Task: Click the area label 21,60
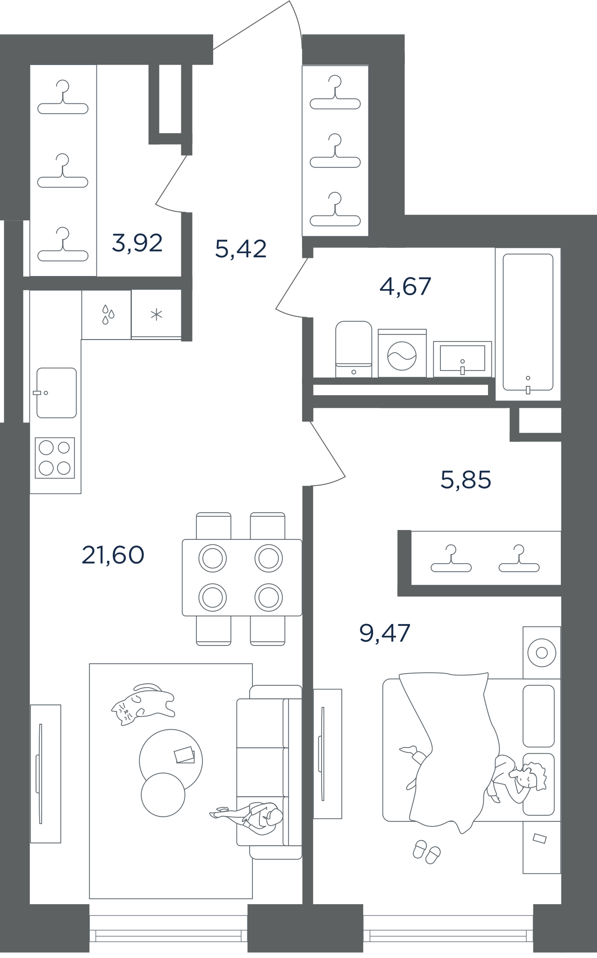113,556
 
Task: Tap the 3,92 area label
137,243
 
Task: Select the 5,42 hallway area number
241,248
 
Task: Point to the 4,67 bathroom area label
405,286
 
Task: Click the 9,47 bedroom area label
385,633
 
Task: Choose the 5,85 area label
466,480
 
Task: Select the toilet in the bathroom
353,349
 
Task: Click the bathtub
528,323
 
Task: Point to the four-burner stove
55,458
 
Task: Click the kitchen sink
56,392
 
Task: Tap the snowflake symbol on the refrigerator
156,314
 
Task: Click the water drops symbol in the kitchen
108,315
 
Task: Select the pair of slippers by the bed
426,851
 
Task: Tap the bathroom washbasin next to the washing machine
462,359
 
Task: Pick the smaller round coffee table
163,795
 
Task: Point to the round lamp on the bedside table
541,652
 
